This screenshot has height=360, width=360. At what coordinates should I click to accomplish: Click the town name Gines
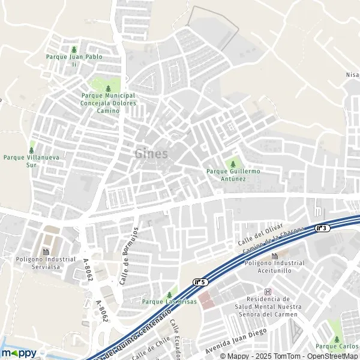pyautogui.click(x=151, y=154)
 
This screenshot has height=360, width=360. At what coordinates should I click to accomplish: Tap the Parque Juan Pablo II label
pyautogui.click(x=74, y=60)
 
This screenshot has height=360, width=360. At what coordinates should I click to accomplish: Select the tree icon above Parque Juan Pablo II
pyautogui.click(x=74, y=49)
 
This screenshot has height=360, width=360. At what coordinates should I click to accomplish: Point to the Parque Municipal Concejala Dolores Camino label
pyautogui.click(x=109, y=103)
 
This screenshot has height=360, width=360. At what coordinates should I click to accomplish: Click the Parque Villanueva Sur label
pyautogui.click(x=28, y=161)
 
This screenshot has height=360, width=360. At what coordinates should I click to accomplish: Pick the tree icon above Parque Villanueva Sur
pyautogui.click(x=31, y=150)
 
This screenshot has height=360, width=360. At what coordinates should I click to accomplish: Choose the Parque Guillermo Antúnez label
pyautogui.click(x=234, y=175)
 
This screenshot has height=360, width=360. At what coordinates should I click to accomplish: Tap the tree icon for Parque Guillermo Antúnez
pyautogui.click(x=233, y=163)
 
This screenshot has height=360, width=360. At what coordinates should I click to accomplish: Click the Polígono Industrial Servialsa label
pyautogui.click(x=45, y=262)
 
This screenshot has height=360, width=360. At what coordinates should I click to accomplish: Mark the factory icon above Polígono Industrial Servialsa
pyautogui.click(x=45, y=251)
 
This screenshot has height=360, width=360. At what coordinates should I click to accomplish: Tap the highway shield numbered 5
pyautogui.click(x=200, y=281)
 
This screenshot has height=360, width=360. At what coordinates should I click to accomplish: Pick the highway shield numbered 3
pyautogui.click(x=322, y=228)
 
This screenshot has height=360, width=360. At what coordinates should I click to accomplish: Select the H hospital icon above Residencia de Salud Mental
pyautogui.click(x=268, y=292)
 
